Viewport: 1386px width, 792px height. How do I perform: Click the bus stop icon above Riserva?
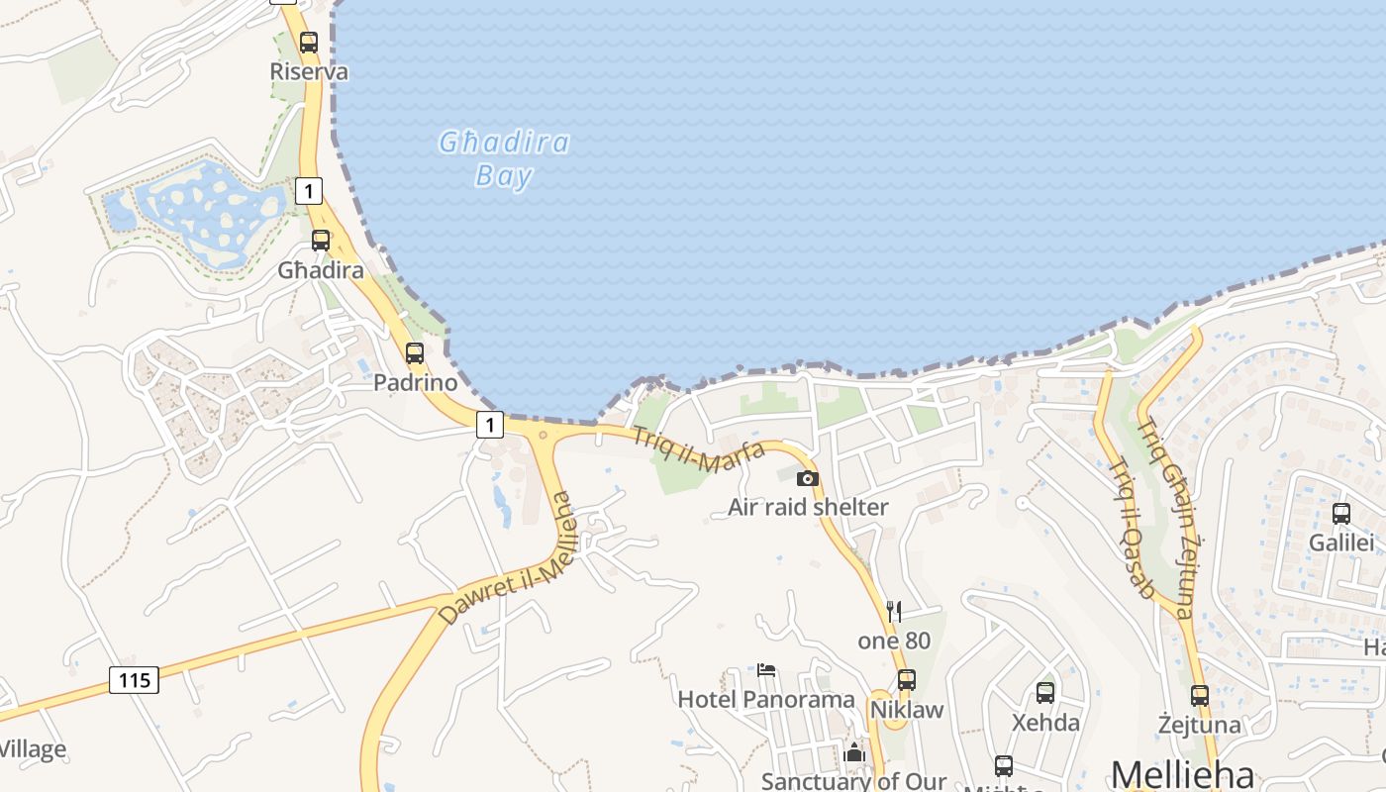pos(309,43)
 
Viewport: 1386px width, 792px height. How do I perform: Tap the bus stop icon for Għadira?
pos(321,241)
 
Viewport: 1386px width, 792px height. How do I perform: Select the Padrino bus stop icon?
pos(415,353)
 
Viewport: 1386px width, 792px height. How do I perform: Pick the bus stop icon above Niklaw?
pos(906,680)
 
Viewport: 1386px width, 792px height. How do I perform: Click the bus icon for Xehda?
pos(1045,692)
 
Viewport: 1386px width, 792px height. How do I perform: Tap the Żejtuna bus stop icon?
pos(1200,695)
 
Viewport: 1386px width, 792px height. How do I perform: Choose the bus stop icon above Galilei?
pos(1341,514)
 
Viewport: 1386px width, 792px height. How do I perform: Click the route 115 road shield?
pos(134,680)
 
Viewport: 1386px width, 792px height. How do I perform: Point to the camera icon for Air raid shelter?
pos(808,478)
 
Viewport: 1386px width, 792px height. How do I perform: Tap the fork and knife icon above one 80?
pos(894,611)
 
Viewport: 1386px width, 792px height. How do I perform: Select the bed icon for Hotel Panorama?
pos(766,670)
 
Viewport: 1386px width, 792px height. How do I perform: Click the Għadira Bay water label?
pos(505,159)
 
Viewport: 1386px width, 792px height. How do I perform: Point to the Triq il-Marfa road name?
pos(699,449)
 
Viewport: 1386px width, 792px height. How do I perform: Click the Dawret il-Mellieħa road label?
pos(506,559)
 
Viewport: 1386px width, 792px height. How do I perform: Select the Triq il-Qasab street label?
pos(1133,530)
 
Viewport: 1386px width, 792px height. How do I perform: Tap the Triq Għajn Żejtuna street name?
pos(1165,519)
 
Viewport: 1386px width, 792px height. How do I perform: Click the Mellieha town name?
pos(1182,774)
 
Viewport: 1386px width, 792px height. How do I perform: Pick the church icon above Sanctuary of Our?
pos(854,753)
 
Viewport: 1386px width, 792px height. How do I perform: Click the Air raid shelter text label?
pos(808,507)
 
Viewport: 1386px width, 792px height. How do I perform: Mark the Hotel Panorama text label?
pos(765,699)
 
